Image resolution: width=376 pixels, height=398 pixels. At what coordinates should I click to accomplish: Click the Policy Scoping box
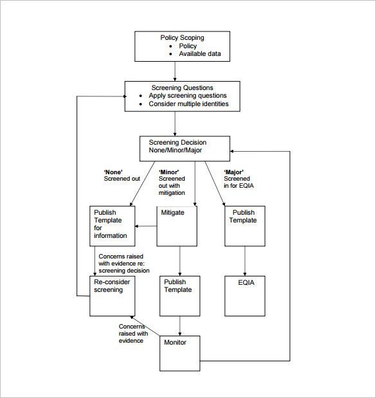tap(181, 46)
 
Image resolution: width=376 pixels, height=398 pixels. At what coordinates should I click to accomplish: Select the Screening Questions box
tap(182, 96)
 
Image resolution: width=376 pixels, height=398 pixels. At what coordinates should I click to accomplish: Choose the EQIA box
tap(244, 295)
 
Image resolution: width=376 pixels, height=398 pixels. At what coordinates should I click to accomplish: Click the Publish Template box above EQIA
tap(244, 225)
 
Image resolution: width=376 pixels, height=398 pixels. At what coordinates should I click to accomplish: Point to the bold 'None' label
tap(113, 172)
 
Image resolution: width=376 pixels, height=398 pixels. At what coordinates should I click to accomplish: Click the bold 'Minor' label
tap(169, 172)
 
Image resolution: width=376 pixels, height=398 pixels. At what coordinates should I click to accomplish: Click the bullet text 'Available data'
tap(199, 54)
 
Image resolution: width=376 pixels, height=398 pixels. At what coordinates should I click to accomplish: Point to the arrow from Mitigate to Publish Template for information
tap(147, 226)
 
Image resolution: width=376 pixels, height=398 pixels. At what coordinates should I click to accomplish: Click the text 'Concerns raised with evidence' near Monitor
tap(134, 333)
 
